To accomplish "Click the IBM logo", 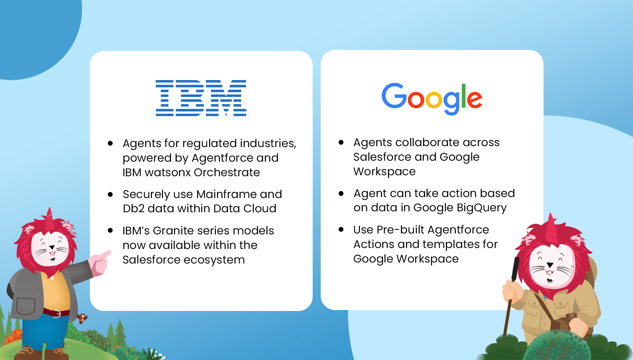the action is click(201, 98).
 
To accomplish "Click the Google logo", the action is click(432, 99).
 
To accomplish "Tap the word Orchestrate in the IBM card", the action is click(227, 172).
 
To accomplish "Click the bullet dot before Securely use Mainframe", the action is click(110, 194).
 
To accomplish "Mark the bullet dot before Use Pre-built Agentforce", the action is click(341, 229).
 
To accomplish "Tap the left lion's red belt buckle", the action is click(56, 313).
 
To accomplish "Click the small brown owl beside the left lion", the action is click(82, 318).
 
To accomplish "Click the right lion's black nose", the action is click(550, 265).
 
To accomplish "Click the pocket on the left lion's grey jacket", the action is click(25, 306).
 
